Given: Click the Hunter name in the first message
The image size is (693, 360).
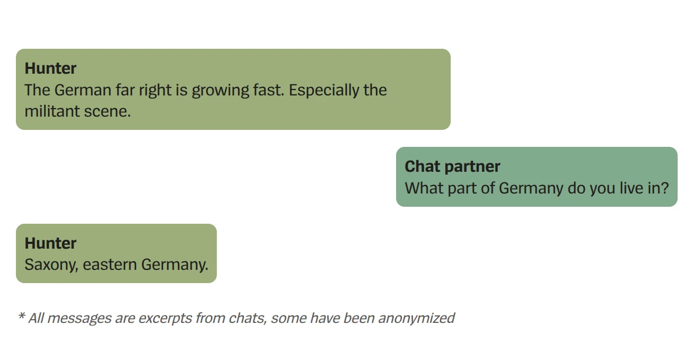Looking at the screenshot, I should tap(50, 68).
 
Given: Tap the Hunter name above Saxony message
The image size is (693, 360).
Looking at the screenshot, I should tap(50, 243).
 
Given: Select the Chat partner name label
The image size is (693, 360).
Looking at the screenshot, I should tap(452, 166).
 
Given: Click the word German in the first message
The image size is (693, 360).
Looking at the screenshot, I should tap(83, 90).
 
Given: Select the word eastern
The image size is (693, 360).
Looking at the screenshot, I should tap(110, 265).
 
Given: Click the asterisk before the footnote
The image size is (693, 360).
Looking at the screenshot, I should tap(22, 317).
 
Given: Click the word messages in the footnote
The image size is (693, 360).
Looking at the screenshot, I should tap(77, 318).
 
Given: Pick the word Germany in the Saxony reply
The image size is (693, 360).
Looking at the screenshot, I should tap(174, 265).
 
